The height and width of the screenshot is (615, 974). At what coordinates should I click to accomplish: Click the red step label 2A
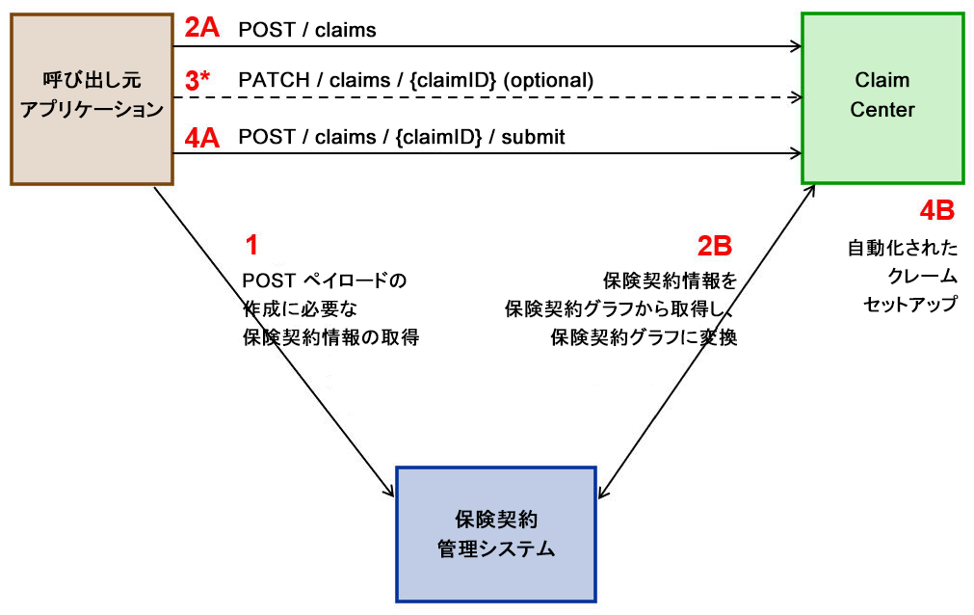(x=202, y=28)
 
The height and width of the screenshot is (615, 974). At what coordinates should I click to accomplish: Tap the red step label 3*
(x=198, y=81)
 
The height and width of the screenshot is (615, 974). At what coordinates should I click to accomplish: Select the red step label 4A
(x=202, y=138)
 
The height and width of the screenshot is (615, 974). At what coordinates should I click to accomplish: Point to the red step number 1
(x=251, y=246)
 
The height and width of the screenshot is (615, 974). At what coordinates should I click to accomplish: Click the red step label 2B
(x=715, y=246)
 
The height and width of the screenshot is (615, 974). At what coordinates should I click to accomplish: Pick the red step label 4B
(x=936, y=209)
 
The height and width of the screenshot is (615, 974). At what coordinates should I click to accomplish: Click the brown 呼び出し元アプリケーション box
(x=92, y=96)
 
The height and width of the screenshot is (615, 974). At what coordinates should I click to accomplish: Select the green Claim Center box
(x=882, y=96)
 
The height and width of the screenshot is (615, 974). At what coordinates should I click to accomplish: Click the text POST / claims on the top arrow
(x=307, y=31)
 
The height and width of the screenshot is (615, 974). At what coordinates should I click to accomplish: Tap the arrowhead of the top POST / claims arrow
(x=797, y=45)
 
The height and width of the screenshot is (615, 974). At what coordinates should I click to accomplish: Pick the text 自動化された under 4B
(x=903, y=249)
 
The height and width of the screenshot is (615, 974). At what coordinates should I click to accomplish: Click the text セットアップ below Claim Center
(x=909, y=304)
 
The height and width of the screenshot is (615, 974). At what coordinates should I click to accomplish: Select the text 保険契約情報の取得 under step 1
(x=331, y=338)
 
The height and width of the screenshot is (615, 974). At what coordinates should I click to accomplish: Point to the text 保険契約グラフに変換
(x=644, y=338)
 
